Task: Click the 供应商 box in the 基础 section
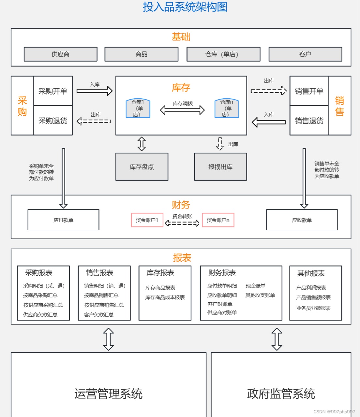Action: (x=60, y=54)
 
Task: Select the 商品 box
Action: (x=141, y=54)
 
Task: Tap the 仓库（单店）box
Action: (x=223, y=54)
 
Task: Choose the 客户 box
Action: (x=305, y=54)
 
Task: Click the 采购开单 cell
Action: (x=53, y=91)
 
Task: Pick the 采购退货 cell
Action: (x=53, y=121)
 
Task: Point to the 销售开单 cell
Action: (x=309, y=91)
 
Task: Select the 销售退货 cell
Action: (x=309, y=121)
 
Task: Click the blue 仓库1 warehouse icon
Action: (x=138, y=108)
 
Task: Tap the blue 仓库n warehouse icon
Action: (x=227, y=108)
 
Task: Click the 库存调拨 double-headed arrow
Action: (x=182, y=110)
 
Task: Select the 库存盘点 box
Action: (x=142, y=167)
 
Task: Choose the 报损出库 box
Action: (x=220, y=167)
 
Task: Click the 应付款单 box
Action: (x=63, y=220)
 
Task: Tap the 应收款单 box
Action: (x=302, y=220)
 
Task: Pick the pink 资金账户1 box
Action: (x=147, y=220)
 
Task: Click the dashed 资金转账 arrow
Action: (x=182, y=223)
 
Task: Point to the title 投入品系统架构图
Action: (x=185, y=7)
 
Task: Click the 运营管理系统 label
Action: (x=108, y=394)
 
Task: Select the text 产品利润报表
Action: (x=311, y=288)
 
